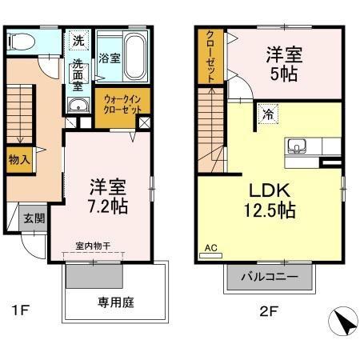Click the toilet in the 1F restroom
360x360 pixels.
point(23,41)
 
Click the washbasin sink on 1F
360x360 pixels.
point(78,110)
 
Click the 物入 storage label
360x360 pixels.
point(19,160)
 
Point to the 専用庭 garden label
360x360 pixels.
point(114,303)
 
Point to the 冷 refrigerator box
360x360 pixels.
point(267,115)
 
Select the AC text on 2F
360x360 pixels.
point(211,248)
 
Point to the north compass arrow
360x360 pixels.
point(343,323)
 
